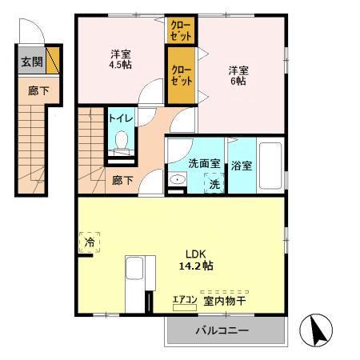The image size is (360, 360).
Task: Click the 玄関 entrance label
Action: tap(31, 61)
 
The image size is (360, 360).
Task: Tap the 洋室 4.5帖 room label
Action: tap(122, 60)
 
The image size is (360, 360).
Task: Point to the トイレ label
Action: tap(122, 118)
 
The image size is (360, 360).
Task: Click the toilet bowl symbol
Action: tap(122, 142)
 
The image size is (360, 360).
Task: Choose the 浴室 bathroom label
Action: tap(242, 166)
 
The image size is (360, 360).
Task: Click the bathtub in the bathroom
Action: tap(270, 166)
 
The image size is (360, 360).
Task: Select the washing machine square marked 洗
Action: tap(214, 183)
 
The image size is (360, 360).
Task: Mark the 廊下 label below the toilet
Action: tap(122, 180)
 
